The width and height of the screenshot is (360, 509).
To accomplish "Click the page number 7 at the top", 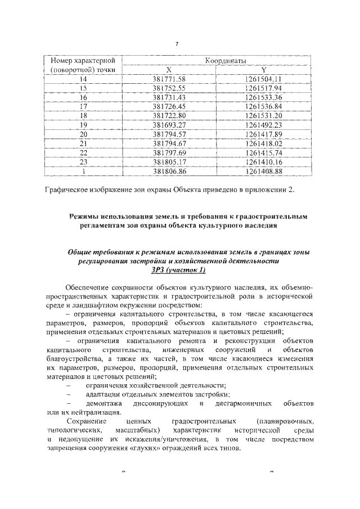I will click(177, 44).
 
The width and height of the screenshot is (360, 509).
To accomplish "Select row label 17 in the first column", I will click(83, 106).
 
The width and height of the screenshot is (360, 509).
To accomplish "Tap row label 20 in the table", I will click(83, 133).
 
